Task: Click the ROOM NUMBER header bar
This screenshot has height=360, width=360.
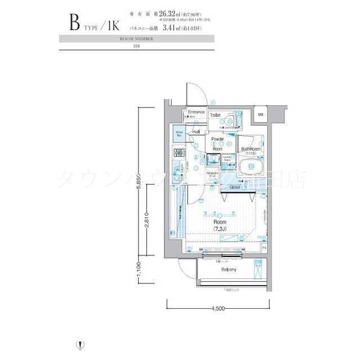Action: [x=137, y=39]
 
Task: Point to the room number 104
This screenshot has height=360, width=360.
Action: [x=137, y=47]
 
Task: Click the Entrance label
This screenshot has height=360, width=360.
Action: [x=196, y=112]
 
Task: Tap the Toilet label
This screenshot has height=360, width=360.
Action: [x=215, y=115]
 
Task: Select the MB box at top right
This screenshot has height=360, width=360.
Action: [x=260, y=115]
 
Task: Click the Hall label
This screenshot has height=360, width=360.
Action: [x=196, y=132]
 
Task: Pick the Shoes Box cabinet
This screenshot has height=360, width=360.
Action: [x=179, y=134]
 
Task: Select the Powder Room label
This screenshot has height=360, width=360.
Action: [x=217, y=143]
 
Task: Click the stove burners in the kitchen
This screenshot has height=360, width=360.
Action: [x=179, y=153]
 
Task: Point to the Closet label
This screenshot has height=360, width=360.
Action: [x=235, y=187]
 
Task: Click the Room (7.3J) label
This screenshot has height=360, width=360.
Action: [x=219, y=225]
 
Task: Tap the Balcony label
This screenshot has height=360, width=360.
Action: [x=228, y=270]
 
